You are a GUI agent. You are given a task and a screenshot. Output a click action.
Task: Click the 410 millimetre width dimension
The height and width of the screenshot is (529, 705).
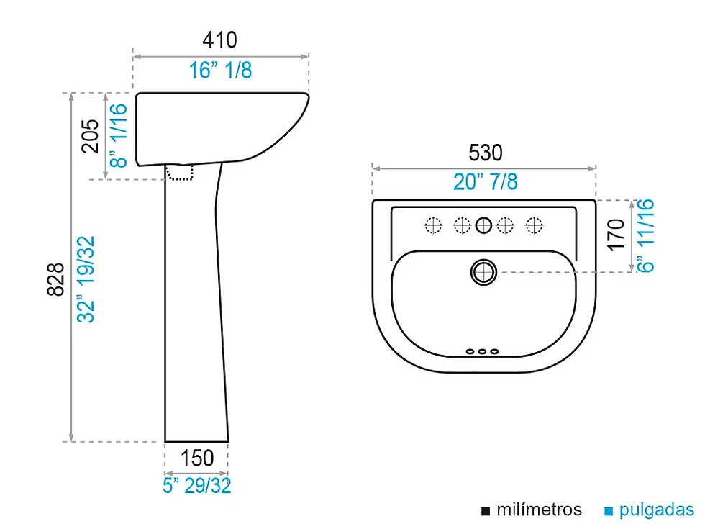click(x=219, y=40)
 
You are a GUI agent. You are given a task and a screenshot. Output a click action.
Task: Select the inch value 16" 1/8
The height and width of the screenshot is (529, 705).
click(x=220, y=71)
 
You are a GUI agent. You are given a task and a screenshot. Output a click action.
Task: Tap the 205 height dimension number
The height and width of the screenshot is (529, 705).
click(x=91, y=136)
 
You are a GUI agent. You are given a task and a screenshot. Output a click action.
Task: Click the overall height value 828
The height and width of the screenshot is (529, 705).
click(x=56, y=279)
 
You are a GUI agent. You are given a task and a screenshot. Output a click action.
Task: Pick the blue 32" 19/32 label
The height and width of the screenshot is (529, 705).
click(x=86, y=279)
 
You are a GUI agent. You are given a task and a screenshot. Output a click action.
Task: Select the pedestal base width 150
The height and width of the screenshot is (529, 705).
click(x=197, y=458)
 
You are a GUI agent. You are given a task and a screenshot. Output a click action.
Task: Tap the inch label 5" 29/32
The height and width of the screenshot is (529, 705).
click(x=197, y=486)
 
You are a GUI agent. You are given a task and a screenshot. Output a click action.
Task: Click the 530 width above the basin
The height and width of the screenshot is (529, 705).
click(x=486, y=153)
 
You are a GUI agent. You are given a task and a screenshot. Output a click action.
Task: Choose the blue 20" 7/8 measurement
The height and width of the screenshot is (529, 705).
click(x=486, y=181)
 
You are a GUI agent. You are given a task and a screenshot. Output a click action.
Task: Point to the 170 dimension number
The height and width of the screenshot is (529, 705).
click(x=617, y=235)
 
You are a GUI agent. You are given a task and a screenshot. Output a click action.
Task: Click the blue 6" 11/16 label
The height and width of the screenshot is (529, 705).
click(x=646, y=236)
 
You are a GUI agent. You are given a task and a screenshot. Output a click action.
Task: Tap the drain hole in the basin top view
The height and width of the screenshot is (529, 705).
click(x=483, y=272)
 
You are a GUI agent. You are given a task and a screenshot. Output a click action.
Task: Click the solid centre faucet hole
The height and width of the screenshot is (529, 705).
click(x=483, y=225)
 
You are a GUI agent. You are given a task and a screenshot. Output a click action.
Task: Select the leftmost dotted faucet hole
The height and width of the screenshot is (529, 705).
click(x=433, y=225)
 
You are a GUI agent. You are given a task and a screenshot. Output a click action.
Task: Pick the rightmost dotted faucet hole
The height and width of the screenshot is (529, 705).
click(x=534, y=225)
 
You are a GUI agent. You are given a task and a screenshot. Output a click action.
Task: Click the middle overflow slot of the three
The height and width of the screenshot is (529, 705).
click(x=483, y=351)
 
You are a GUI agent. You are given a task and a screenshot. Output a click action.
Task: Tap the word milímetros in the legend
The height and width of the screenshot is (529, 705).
click(x=539, y=510)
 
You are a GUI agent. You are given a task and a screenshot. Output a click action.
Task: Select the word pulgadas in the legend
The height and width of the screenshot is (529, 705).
click(x=657, y=510)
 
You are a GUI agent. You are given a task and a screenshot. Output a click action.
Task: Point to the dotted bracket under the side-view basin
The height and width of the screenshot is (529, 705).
click(x=179, y=173)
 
